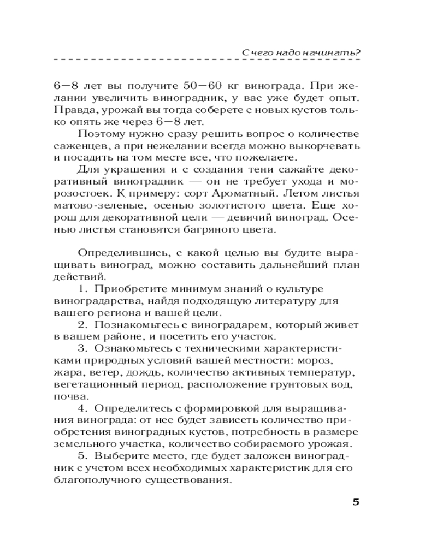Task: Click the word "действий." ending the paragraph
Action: pos(75,277)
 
